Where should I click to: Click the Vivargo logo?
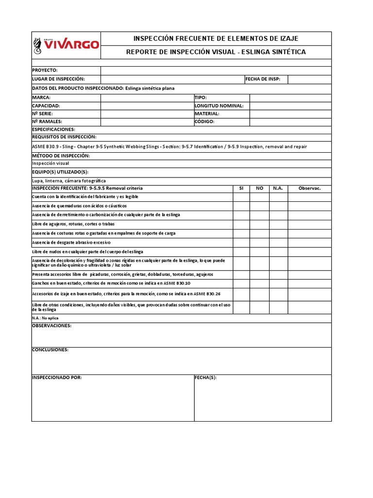pos(66,45)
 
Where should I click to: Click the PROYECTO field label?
pos(45,71)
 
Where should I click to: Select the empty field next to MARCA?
pos(147,98)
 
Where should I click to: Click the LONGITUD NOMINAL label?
pos(219,106)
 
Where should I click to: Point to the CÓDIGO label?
pos(204,122)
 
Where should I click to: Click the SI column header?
pos(241,188)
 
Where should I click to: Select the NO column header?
pos(260,188)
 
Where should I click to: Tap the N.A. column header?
pos(278,188)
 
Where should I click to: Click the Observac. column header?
pos(309,188)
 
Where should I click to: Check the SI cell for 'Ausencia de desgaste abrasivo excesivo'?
pos(241,242)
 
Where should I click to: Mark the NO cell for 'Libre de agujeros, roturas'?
pos(260,224)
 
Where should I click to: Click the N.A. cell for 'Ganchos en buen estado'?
pos(278,283)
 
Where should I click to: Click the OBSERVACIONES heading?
pos(51,326)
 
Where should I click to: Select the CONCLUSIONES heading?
pos(50,350)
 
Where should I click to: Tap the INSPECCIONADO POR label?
pos(57,377)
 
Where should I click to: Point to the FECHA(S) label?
pos(205,377)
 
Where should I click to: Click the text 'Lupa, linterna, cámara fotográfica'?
pos(68,180)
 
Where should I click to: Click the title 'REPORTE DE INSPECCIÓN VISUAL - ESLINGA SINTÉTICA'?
pos(216,52)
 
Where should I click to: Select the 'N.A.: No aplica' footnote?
pos(45,318)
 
